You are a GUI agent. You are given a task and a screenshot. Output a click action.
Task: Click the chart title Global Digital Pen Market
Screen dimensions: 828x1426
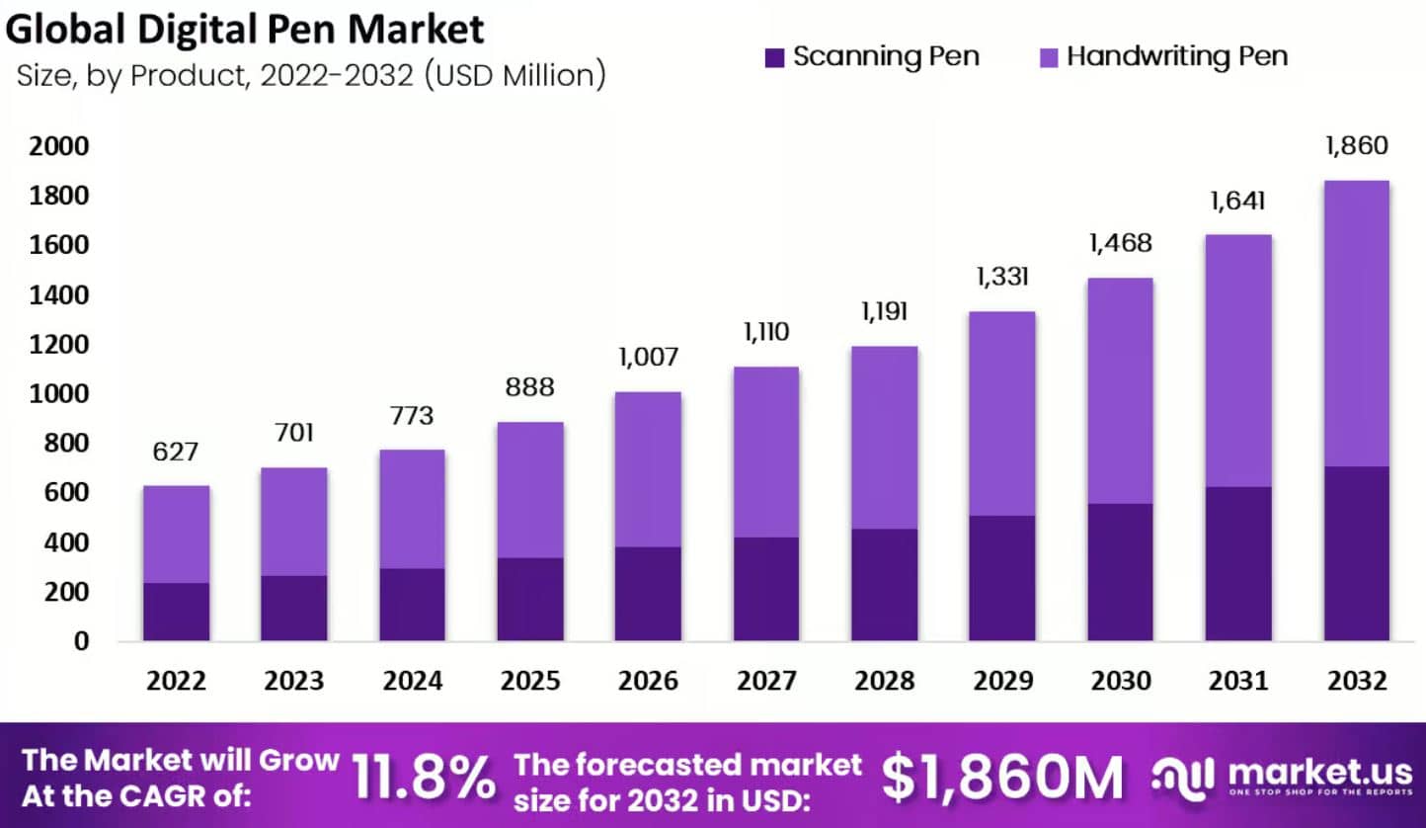tap(245, 29)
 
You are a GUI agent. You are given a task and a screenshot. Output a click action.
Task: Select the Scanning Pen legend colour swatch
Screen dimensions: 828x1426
tap(775, 57)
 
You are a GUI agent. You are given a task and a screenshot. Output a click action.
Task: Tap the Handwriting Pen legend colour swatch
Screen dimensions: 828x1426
tap(1049, 57)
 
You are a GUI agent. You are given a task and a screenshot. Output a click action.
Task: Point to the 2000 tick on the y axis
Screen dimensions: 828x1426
tap(59, 147)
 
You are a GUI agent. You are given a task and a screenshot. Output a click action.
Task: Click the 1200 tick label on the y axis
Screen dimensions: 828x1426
tap(59, 345)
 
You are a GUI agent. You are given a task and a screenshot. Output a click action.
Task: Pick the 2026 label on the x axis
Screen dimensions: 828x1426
tap(648, 681)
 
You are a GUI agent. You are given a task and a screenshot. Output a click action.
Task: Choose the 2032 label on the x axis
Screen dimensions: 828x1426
tap(1357, 681)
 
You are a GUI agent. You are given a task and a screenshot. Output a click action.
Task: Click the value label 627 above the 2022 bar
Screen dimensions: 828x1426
tap(176, 453)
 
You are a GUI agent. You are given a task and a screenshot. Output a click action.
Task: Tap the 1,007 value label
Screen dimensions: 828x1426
tap(648, 357)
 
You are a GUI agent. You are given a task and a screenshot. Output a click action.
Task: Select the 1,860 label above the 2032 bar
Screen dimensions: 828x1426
tap(1357, 146)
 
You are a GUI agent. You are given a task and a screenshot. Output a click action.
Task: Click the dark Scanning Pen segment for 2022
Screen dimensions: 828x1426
tap(176, 612)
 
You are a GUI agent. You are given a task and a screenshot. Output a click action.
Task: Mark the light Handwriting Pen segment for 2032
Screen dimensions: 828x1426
tap(1357, 323)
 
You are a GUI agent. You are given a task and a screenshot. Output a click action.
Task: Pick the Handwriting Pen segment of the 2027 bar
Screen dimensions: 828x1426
tap(766, 452)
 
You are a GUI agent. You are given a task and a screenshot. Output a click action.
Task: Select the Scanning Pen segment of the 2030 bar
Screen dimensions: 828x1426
tap(1120, 572)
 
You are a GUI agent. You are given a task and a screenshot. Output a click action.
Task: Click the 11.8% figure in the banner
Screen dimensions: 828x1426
tap(425, 777)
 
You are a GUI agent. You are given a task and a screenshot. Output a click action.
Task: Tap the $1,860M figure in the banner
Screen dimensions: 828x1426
tap(1002, 777)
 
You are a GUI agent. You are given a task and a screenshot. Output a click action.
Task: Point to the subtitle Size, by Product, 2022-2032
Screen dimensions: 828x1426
tap(311, 76)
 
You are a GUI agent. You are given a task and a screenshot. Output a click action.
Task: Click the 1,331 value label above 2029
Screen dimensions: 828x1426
tap(1002, 277)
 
